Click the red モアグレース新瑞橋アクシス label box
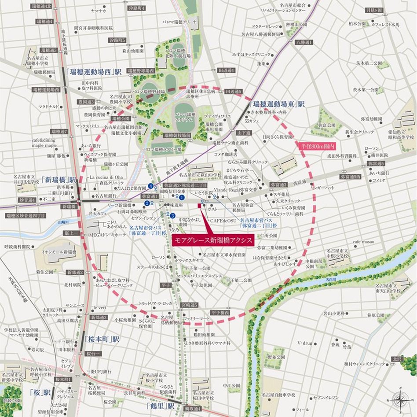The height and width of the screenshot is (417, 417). [212, 240]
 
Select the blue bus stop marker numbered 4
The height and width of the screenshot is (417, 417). [151, 186]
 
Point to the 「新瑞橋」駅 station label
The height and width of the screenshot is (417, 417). [59, 180]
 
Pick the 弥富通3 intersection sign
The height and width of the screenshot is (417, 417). [278, 185]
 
